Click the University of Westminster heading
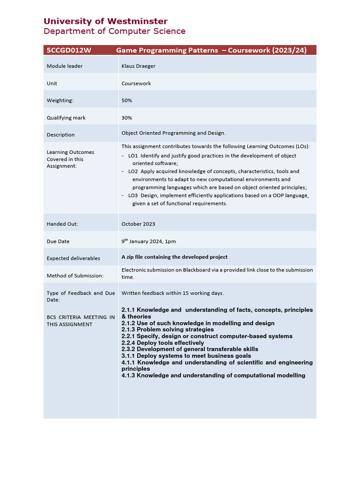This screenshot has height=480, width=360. click(105, 21)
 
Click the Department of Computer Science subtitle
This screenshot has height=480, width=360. click(114, 31)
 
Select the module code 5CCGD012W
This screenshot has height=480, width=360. click(68, 51)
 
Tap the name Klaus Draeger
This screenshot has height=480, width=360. click(138, 66)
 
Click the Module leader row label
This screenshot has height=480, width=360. click(65, 66)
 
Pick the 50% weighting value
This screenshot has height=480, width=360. click(127, 100)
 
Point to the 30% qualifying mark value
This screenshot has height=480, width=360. click(127, 118)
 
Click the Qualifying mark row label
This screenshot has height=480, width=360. click(66, 118)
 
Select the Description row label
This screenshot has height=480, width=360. click(60, 135)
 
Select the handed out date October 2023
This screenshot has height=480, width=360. click(138, 224)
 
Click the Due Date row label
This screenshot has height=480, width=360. click(58, 241)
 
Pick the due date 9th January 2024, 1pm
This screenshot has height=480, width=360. click(149, 241)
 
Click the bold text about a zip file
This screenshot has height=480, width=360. click(174, 257)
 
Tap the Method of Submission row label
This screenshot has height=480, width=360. click(68, 276)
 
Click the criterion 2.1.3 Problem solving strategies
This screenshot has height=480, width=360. click(167, 330)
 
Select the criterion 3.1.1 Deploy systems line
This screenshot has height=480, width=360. click(186, 356)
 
